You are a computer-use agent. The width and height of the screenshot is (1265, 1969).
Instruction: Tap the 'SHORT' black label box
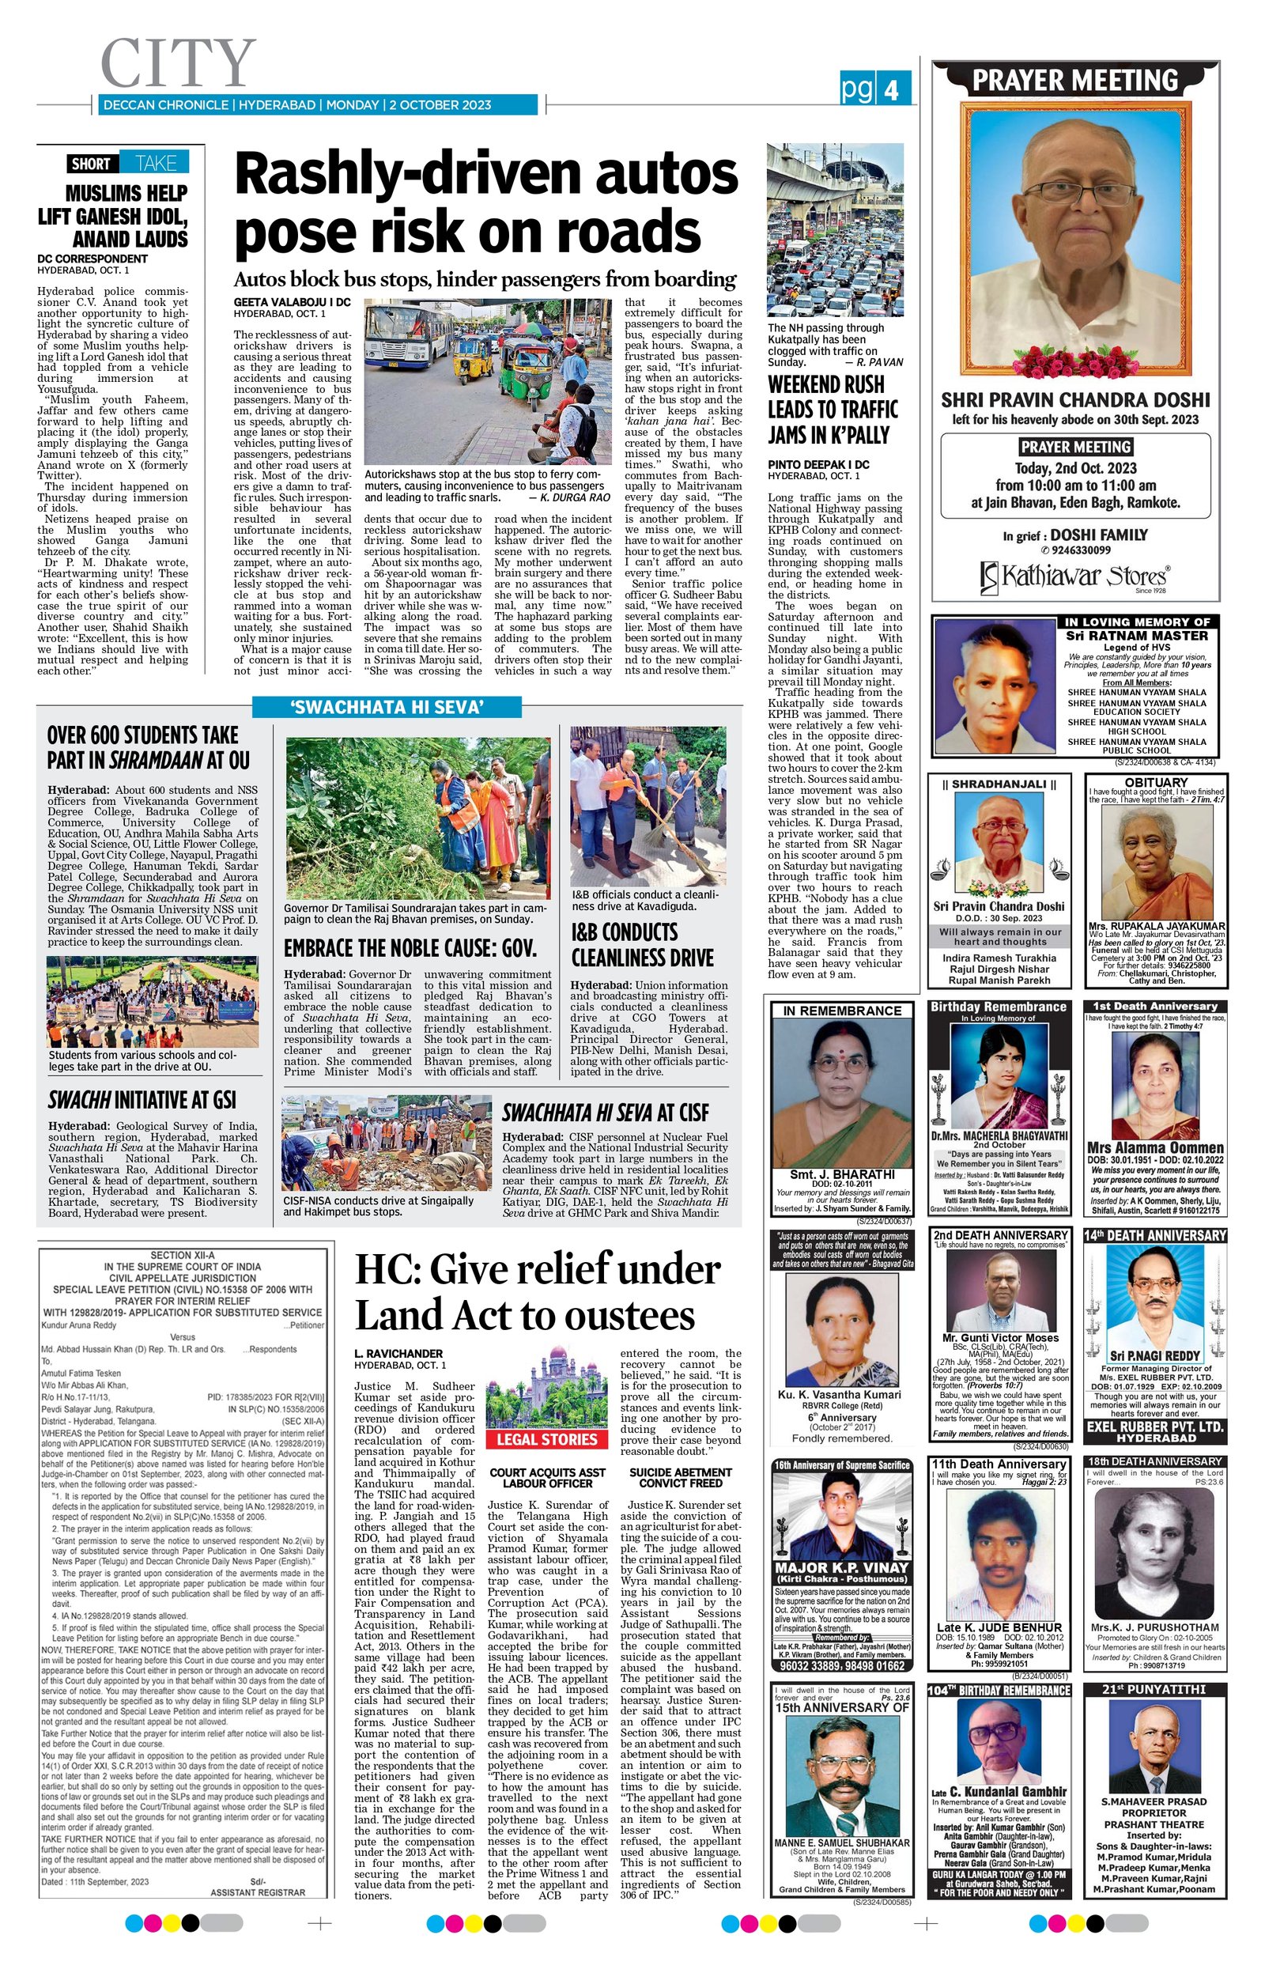pos(90,163)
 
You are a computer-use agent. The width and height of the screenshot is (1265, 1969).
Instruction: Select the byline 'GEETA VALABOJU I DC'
pos(292,302)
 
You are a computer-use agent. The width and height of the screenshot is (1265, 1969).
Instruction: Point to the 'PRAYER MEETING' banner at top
pos(1074,81)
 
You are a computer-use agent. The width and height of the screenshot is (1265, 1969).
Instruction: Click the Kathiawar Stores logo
pos(1074,576)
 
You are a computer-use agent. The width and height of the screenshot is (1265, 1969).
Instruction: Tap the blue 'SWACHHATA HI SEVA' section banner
pos(386,707)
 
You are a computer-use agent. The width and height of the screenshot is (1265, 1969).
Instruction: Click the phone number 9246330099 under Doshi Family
pos(1079,550)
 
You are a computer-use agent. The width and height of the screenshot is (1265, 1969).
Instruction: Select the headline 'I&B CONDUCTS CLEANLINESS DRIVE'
pos(642,945)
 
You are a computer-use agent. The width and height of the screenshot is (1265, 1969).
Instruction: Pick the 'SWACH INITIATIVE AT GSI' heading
pos(142,1100)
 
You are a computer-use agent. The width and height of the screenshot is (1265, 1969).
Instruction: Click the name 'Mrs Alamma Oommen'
pos(1155,1147)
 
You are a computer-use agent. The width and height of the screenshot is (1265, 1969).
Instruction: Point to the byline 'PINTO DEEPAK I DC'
pos(818,464)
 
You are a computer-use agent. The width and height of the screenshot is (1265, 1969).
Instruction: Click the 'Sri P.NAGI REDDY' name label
pos(1155,1355)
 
